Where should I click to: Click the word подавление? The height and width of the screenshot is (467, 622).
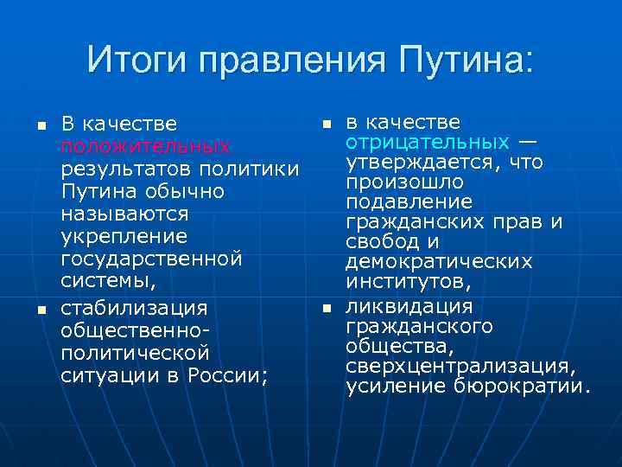409,202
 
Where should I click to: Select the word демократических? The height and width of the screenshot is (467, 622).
439,261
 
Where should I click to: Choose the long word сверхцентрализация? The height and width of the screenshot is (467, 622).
460,365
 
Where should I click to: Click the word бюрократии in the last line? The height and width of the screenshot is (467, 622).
522,385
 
